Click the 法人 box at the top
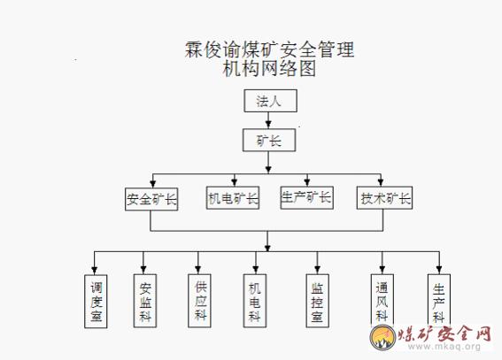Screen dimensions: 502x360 [271, 101]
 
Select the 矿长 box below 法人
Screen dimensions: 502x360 [269, 140]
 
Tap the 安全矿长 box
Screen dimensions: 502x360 [151, 199]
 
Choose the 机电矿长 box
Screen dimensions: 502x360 [233, 198]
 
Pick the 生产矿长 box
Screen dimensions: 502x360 [306, 198]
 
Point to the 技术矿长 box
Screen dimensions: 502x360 [384, 198]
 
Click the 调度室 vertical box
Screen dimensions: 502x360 [96, 301]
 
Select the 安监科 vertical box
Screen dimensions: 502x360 [145, 301]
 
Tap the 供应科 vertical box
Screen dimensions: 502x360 [199, 301]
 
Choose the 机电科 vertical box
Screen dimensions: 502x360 [255, 301]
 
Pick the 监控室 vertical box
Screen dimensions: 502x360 [317, 301]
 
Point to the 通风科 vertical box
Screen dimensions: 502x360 [382, 300]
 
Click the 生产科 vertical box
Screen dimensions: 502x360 [439, 300]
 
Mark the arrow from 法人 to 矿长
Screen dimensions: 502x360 [268, 120]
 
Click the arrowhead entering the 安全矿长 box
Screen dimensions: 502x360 [152, 183]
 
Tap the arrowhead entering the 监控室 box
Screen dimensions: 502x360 [317, 270]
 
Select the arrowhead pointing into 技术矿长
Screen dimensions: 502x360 [381, 182]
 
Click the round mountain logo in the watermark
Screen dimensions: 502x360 [382, 337]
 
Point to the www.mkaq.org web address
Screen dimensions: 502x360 [444, 346]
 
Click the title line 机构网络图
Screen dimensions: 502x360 [269, 68]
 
